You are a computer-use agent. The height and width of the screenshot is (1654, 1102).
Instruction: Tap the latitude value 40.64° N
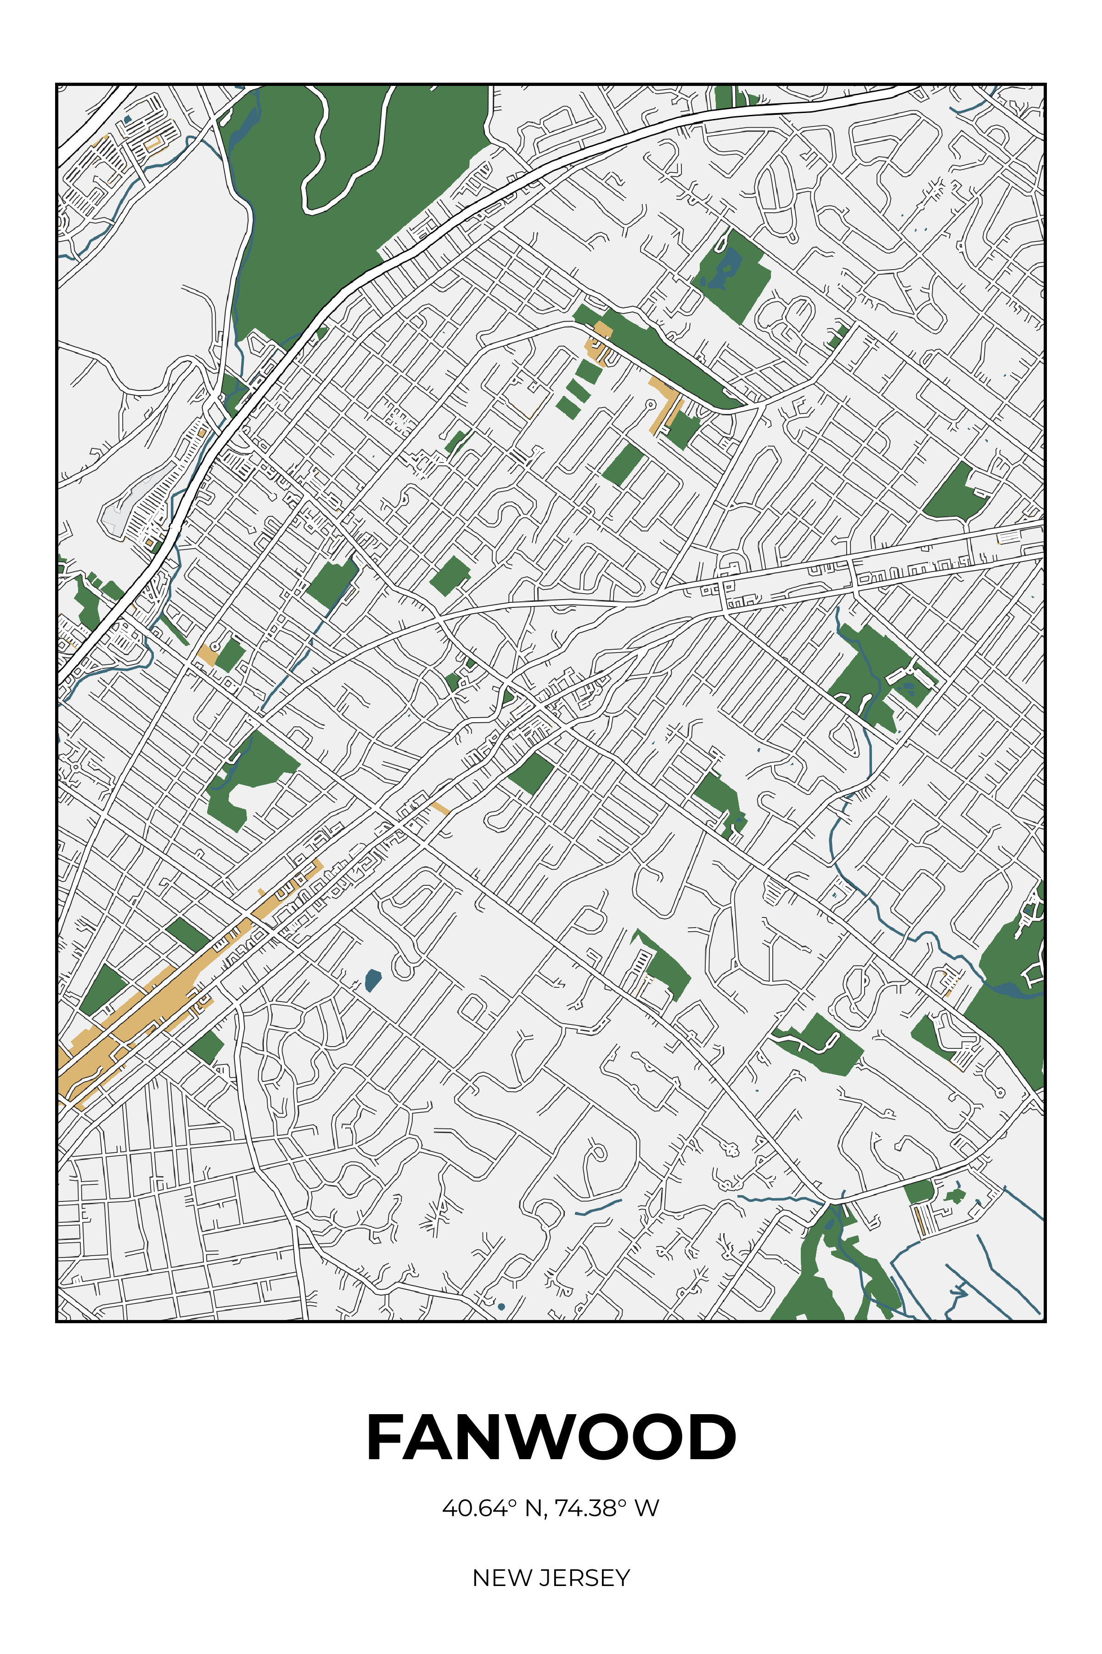coord(492,1508)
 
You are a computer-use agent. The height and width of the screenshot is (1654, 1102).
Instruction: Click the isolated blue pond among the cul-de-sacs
coord(372,980)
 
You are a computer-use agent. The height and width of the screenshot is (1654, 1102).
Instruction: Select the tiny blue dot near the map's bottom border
coord(501,1307)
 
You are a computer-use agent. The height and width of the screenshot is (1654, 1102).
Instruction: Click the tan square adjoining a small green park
coord(208,654)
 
